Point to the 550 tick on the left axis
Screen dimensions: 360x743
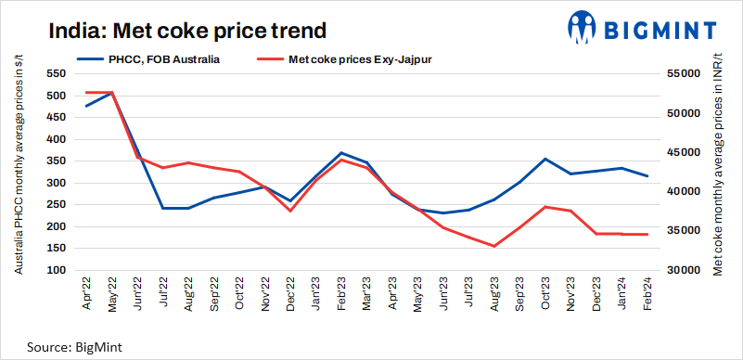coord(58,74)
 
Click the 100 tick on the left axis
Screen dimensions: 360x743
coord(58,270)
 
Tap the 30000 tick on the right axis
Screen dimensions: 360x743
coord(682,270)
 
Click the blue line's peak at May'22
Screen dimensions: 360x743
coord(112,93)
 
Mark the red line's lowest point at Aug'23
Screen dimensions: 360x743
coord(493,246)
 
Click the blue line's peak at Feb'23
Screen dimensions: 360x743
coord(341,153)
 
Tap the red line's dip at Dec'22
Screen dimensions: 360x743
coord(290,211)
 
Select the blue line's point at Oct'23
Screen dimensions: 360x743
coord(544,159)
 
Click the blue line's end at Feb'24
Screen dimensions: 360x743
coord(647,176)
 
